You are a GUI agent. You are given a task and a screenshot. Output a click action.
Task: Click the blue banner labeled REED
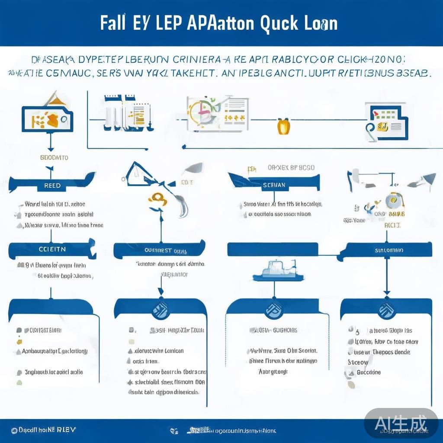click(x=52, y=185)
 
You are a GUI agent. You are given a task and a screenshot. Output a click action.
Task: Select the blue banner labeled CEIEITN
click(x=52, y=249)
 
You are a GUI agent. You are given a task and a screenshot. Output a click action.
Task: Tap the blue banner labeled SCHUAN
click(x=274, y=185)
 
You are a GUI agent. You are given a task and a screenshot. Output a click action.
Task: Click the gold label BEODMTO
click(x=54, y=157)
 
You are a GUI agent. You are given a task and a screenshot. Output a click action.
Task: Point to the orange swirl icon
click(x=157, y=199)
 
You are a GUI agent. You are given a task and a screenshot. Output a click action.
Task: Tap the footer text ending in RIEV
click(x=43, y=430)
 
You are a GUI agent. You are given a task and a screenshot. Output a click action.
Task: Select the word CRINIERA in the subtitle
click(x=195, y=60)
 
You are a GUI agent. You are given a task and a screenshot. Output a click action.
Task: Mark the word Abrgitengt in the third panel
click(x=273, y=372)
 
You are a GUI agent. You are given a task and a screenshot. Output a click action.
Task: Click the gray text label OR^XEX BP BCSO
click(x=291, y=168)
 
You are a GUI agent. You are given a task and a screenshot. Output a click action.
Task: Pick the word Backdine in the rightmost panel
click(x=369, y=372)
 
